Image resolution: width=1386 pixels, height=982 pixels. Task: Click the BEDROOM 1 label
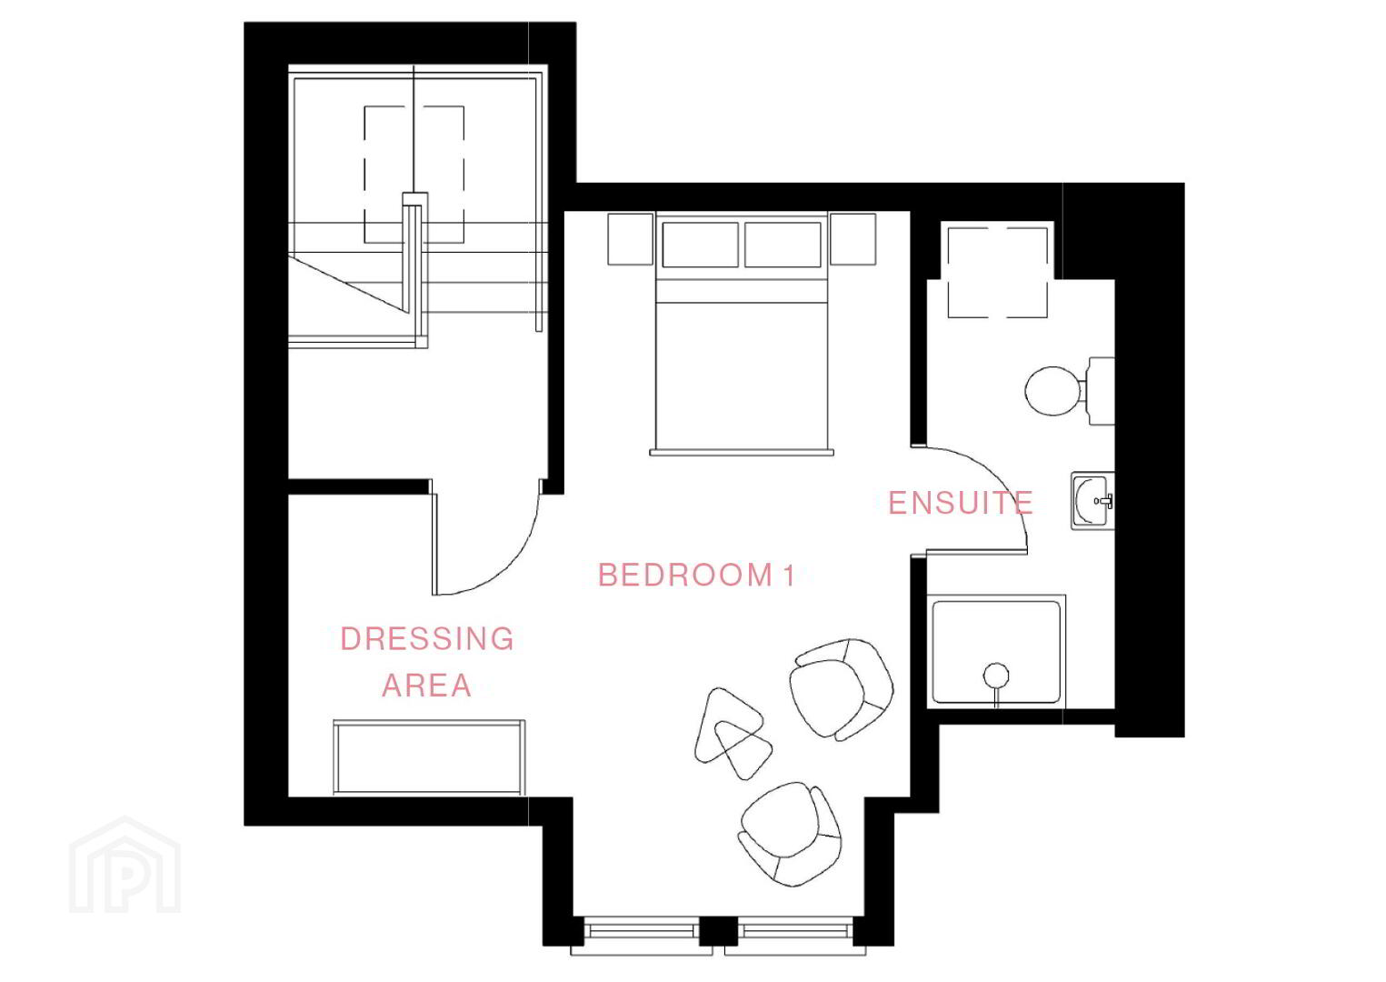[x=696, y=576]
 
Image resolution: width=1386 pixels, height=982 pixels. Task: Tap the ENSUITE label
[x=961, y=503]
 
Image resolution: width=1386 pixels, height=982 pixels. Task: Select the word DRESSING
[x=427, y=639]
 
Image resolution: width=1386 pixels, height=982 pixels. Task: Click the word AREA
[x=427, y=686]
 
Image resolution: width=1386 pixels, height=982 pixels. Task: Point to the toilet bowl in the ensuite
[x=1052, y=391]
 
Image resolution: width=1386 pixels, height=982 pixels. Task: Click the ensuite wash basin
[x=1092, y=501]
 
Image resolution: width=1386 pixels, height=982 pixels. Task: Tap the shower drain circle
[x=995, y=675]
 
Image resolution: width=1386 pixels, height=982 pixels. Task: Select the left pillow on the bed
[x=700, y=245]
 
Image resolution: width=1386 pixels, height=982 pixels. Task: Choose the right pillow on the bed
[x=783, y=245]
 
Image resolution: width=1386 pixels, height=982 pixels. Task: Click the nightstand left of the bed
[x=630, y=239]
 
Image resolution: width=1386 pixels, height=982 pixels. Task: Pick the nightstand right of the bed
[x=853, y=239]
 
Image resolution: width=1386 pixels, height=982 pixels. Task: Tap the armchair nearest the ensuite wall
[x=842, y=689]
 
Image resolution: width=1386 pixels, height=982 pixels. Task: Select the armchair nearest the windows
[x=790, y=835]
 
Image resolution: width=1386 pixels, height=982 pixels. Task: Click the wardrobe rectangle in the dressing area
[x=429, y=757]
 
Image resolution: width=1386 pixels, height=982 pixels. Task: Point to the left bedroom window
[x=641, y=931]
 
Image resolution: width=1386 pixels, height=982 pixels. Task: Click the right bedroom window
[x=796, y=931]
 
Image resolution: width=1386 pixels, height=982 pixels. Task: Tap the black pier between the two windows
[x=718, y=931]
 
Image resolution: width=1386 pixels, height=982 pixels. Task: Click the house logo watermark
[x=125, y=865]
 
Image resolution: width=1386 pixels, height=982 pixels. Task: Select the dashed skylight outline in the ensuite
[x=997, y=273]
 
